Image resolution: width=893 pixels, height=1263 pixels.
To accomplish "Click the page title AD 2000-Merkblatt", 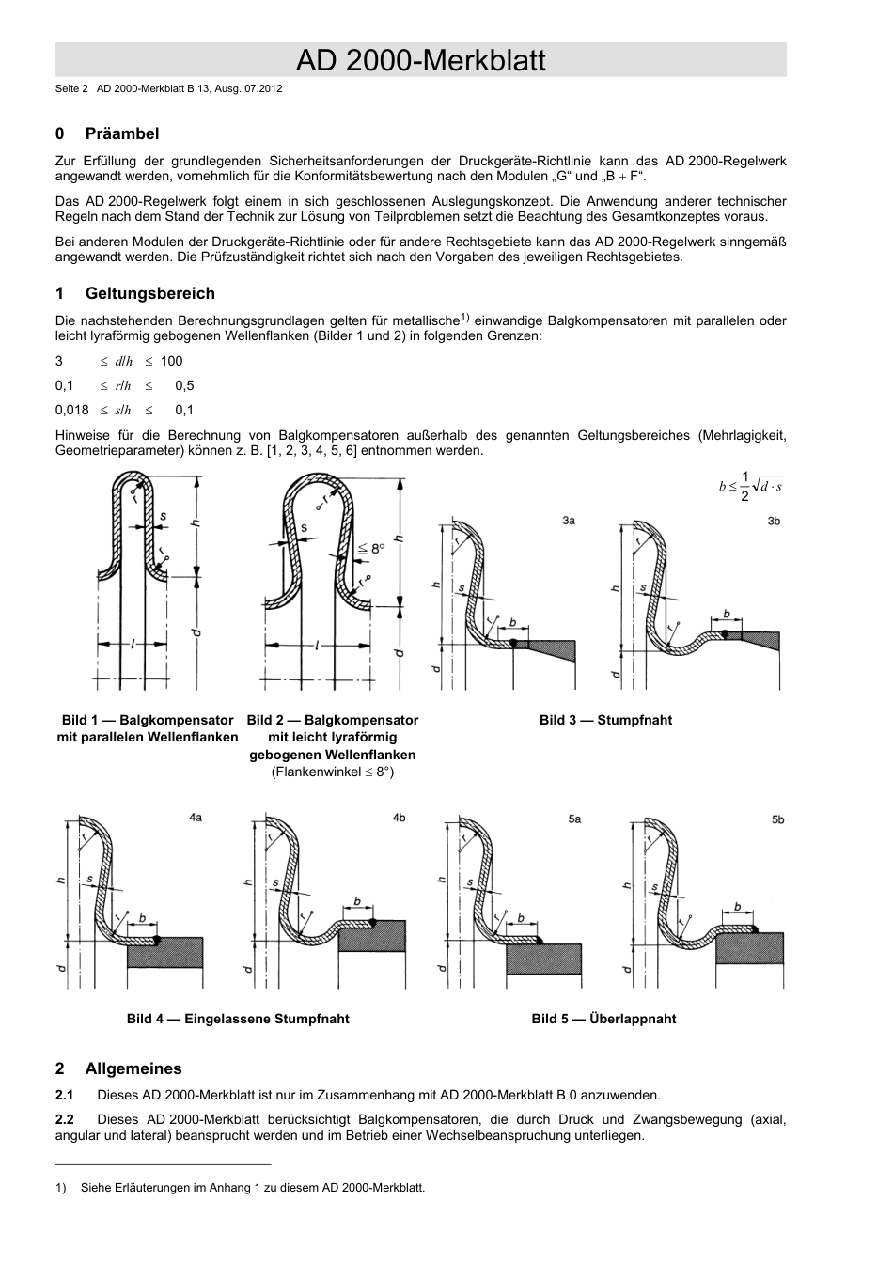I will [420, 61].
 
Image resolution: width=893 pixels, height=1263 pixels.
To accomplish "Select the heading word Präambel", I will [122, 133].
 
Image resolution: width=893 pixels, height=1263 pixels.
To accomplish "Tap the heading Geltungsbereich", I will [149, 293].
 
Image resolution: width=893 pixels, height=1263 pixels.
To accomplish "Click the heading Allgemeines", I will [133, 1068].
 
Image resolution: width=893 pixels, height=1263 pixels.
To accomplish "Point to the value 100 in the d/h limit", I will [171, 361].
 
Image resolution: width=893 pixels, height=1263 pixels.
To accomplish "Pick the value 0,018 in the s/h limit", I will [71, 410].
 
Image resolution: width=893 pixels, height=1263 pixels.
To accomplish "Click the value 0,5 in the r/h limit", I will [184, 385].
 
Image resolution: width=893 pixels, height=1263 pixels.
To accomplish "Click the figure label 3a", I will [569, 520].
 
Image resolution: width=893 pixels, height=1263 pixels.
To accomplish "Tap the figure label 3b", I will [774, 520].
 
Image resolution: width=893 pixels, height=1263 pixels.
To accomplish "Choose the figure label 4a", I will [195, 819].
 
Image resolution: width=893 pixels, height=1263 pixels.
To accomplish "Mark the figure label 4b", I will [399, 819].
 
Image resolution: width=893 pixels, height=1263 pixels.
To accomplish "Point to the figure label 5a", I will [574, 819].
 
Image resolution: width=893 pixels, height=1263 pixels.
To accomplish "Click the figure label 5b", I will [777, 819].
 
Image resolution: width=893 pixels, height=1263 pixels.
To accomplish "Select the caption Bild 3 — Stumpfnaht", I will [605, 720].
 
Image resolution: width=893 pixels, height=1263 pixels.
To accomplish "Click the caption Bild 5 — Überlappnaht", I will [603, 1019].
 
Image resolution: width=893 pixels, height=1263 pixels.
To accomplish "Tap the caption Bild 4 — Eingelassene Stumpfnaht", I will [238, 1019].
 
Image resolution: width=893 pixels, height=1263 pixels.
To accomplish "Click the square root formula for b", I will [751, 486].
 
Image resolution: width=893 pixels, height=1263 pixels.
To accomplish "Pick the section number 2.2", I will [65, 1119].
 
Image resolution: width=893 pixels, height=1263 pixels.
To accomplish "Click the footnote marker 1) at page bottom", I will [61, 1188].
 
